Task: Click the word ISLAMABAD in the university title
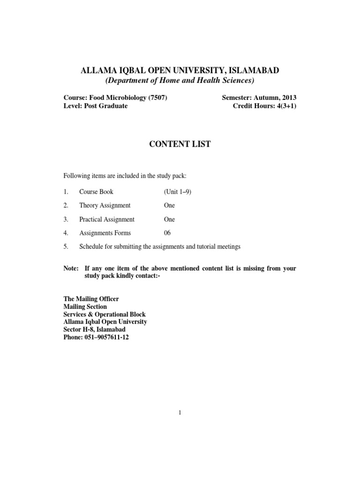click(x=255, y=70)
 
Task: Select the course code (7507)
click(x=157, y=97)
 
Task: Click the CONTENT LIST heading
click(x=180, y=144)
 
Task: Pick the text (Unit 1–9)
click(x=178, y=192)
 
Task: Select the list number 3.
click(x=66, y=219)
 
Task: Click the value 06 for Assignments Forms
click(x=167, y=233)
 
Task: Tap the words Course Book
click(x=96, y=192)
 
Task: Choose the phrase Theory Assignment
click(x=105, y=205)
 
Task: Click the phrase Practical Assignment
click(x=107, y=219)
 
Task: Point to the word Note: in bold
click(x=72, y=269)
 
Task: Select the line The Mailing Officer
click(x=91, y=299)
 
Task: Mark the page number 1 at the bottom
click(x=180, y=412)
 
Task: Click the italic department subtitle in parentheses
click(x=180, y=81)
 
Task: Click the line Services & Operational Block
click(x=105, y=314)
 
